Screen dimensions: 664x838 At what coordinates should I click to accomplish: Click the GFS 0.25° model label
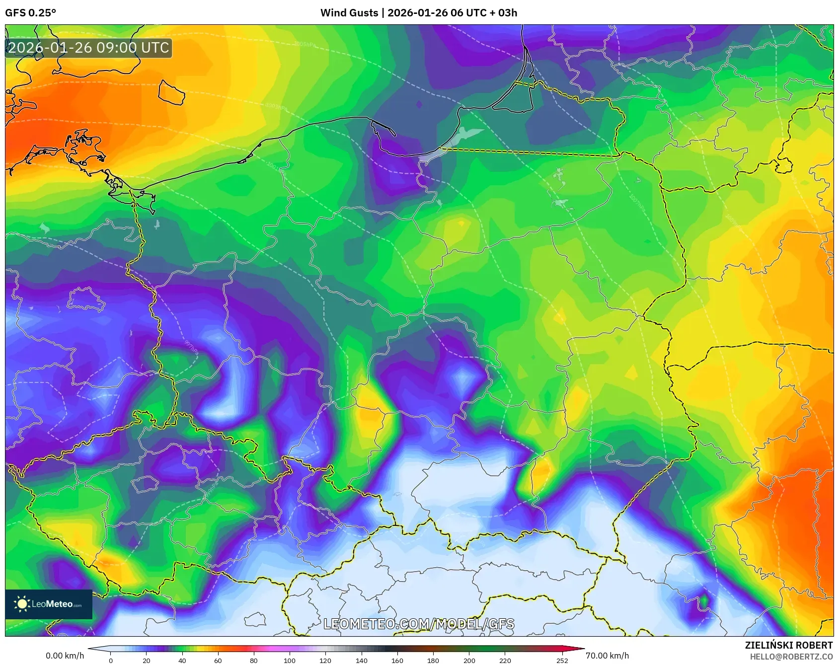[31, 13]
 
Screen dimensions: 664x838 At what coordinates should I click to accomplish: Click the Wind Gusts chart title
[418, 13]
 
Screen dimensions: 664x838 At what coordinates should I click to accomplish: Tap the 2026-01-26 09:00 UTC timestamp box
[88, 48]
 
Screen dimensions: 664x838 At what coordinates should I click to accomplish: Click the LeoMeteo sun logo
[22, 604]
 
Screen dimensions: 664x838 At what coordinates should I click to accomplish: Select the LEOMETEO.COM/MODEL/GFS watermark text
[419, 624]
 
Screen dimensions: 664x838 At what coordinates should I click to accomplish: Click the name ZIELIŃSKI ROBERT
[788, 645]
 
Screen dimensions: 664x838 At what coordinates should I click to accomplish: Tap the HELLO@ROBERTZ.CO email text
[791, 657]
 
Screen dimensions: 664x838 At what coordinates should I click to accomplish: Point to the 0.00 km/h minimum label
[65, 656]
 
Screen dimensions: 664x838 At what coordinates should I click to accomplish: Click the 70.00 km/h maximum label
[607, 656]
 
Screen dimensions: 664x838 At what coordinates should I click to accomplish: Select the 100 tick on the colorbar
[290, 661]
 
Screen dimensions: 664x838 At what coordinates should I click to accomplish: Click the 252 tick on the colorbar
[562, 661]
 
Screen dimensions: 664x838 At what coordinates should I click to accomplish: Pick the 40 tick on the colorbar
[182, 661]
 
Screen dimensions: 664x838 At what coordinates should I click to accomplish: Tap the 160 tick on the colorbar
[397, 661]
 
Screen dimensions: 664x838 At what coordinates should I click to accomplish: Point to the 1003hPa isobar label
[276, 106]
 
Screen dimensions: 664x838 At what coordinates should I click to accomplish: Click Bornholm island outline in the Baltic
[171, 92]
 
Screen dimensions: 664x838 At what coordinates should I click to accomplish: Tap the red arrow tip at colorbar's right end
[581, 649]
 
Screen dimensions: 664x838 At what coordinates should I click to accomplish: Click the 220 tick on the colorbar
[505, 661]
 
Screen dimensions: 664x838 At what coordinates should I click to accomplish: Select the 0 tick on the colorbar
[111, 661]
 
